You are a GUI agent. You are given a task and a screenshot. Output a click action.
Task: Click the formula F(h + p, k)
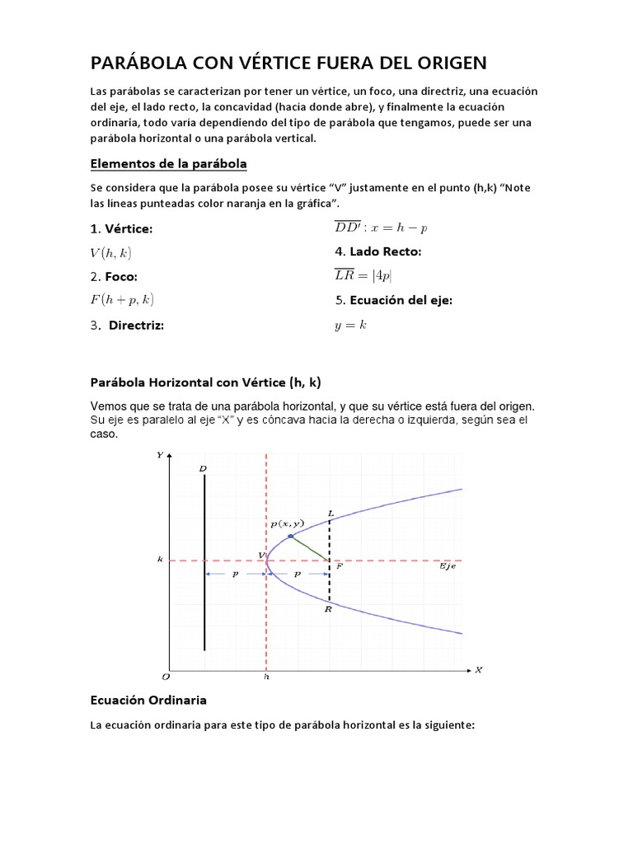coord(122,299)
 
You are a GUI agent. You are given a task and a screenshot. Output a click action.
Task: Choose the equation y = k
coord(349,326)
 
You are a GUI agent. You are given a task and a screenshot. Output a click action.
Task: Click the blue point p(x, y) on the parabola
coord(290,537)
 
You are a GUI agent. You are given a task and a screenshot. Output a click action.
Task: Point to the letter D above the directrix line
coord(203,469)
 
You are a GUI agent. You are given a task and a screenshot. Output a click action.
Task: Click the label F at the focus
coord(339,567)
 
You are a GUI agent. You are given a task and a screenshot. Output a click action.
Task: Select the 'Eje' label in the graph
coord(446,567)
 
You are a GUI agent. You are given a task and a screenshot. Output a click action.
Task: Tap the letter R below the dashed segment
coord(328,609)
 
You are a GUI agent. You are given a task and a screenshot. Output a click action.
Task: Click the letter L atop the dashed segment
coord(331,513)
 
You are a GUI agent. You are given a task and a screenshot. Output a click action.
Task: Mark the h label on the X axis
coord(266,677)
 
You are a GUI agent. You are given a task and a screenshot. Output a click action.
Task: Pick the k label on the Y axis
coord(160,559)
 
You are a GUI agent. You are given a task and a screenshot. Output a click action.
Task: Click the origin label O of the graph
coord(165,677)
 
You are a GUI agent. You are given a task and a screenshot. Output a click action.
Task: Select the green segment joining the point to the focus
coord(310,549)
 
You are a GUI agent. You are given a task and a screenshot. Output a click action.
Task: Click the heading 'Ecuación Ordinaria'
coord(148,700)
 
